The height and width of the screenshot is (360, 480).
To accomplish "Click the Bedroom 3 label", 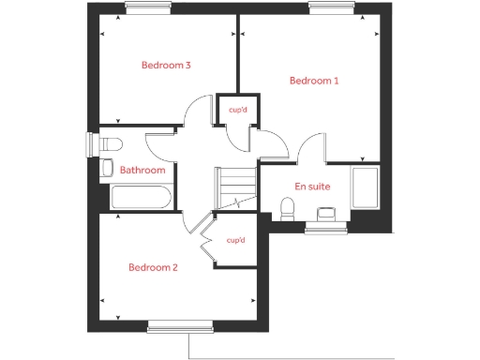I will [x=166, y=66].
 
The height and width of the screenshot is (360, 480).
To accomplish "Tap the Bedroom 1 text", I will [x=313, y=81].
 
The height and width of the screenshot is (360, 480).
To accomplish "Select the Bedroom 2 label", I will [x=153, y=267].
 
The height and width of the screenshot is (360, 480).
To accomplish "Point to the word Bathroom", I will [x=142, y=170].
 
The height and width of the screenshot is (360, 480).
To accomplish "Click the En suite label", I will [x=313, y=187].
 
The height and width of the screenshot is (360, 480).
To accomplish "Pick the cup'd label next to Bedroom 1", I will [x=236, y=109].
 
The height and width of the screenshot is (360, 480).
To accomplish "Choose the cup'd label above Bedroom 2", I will [x=235, y=240].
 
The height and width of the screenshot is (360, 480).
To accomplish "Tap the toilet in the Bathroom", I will [x=110, y=144].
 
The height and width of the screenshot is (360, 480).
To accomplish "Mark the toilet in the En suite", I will [x=289, y=205].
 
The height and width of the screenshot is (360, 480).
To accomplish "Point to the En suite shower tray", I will [x=364, y=188].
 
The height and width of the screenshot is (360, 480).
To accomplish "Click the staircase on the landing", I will [x=235, y=187].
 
